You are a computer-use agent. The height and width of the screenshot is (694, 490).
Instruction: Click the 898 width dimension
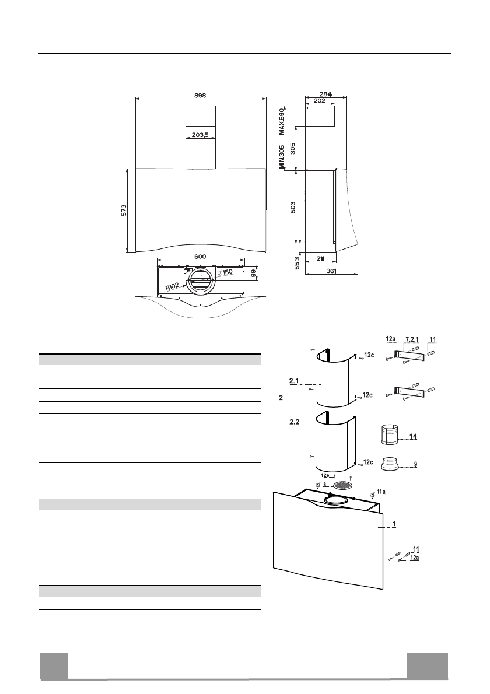[x=200, y=95]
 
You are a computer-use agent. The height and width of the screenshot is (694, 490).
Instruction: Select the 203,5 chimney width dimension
[x=200, y=135]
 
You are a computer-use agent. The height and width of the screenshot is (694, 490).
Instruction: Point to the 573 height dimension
[x=124, y=210]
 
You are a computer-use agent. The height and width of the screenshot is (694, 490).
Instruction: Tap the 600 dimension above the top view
[x=200, y=257]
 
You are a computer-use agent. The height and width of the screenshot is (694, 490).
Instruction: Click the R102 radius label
[x=173, y=287]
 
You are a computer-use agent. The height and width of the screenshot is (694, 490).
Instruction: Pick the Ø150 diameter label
[x=225, y=272]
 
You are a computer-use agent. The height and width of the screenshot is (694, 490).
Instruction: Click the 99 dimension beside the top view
[x=253, y=274]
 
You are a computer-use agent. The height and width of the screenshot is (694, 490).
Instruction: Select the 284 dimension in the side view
[x=325, y=94]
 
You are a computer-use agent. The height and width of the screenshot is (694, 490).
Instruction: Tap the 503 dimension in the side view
[x=293, y=208]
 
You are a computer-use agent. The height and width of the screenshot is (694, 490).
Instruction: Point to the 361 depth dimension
[x=331, y=271]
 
